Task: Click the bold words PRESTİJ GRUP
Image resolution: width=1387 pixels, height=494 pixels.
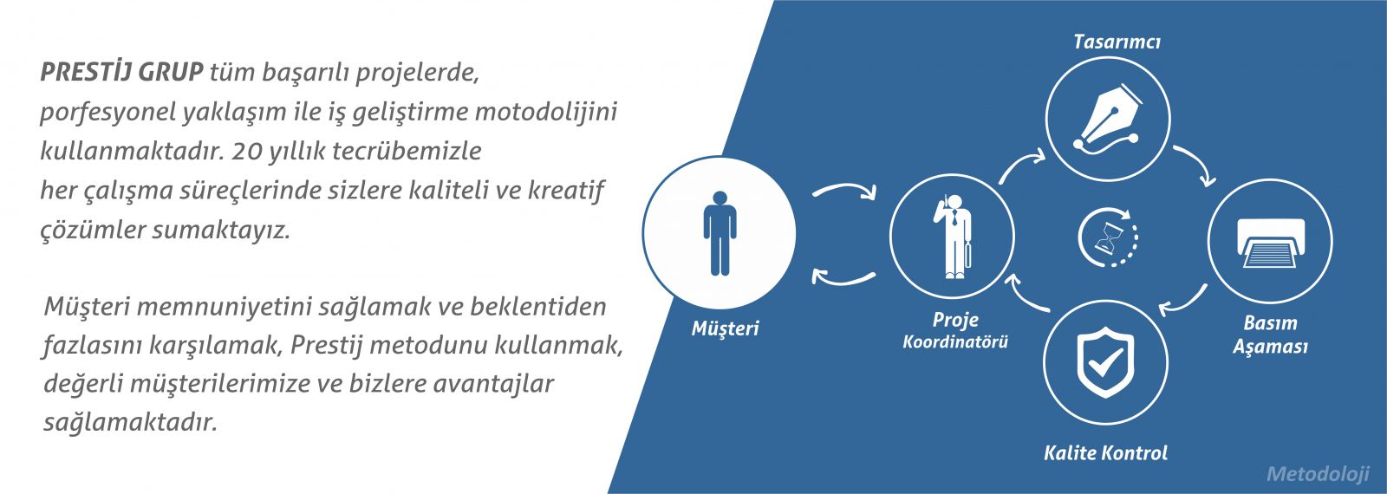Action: tap(122, 73)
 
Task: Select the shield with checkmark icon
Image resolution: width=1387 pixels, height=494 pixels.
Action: tap(1106, 362)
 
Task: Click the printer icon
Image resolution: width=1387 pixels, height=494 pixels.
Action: tap(1271, 242)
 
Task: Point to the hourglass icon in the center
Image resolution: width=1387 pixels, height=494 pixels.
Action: tap(1108, 237)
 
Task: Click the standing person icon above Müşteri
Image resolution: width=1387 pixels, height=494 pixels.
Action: tap(720, 233)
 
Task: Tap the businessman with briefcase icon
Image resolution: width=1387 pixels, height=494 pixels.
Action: tap(953, 237)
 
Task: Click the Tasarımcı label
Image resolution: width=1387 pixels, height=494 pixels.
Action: tap(1117, 42)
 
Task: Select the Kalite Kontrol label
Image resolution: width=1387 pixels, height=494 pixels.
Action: tap(1106, 452)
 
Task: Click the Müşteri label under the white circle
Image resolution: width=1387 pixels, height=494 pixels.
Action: tap(725, 328)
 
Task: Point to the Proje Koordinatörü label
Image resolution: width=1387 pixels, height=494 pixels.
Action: tap(955, 330)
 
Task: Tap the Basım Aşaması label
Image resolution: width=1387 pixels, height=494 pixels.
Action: tap(1270, 335)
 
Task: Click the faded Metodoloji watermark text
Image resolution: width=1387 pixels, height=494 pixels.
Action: tap(1318, 474)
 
